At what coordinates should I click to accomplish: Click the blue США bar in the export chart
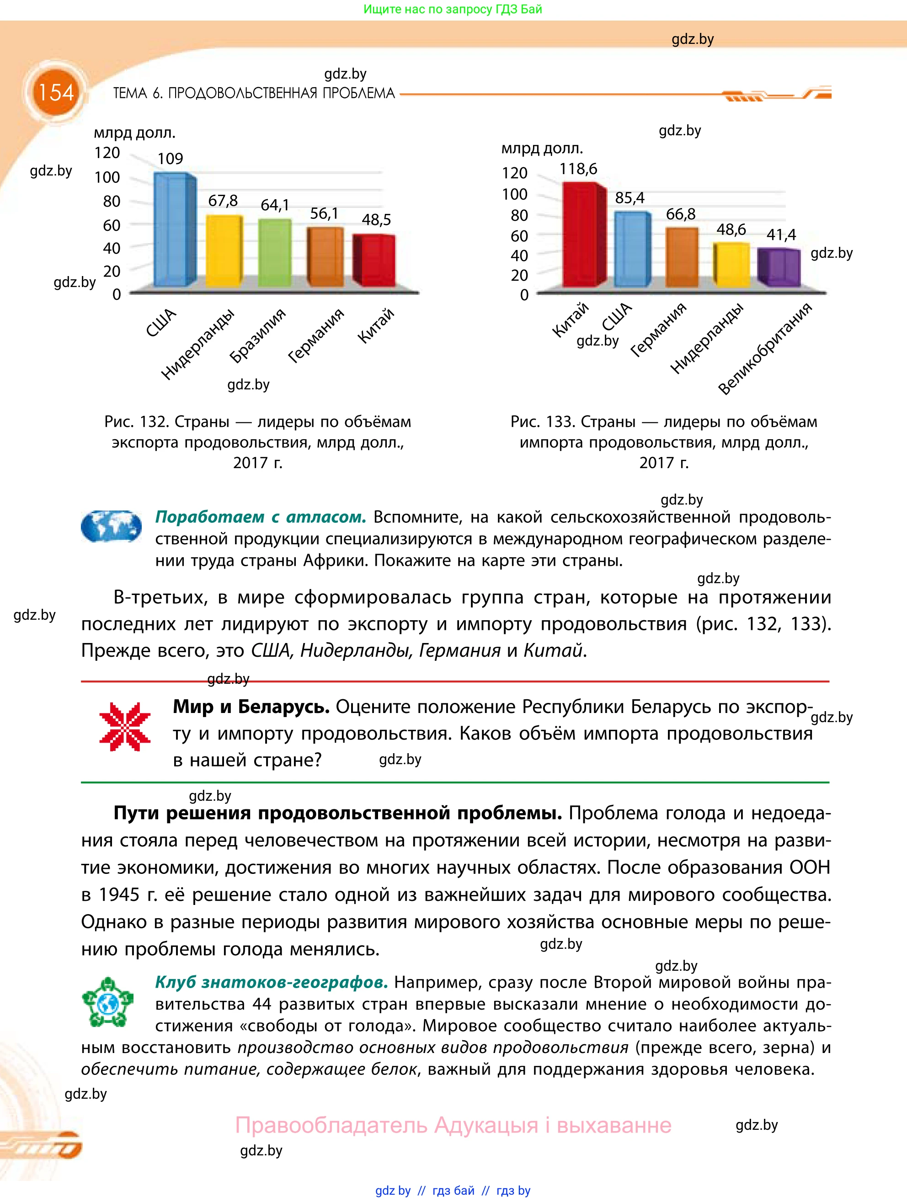coord(173,230)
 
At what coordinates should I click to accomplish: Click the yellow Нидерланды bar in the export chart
coord(224,251)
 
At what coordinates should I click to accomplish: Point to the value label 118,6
coord(578,169)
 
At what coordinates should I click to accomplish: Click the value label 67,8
coord(223,201)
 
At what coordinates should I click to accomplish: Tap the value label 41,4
coord(781,235)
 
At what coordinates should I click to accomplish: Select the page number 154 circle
coord(55,93)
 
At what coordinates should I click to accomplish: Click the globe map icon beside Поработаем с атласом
coord(112,526)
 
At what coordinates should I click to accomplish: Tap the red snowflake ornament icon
coord(125,727)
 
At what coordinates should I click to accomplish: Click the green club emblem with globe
coord(107,1003)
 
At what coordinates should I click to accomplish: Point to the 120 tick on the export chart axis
coord(107,153)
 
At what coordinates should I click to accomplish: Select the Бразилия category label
coord(257,335)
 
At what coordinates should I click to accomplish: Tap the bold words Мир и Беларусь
coord(251,707)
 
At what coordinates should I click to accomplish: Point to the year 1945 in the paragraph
coord(118,894)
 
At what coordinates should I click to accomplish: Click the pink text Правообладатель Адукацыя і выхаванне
coord(453,1125)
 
